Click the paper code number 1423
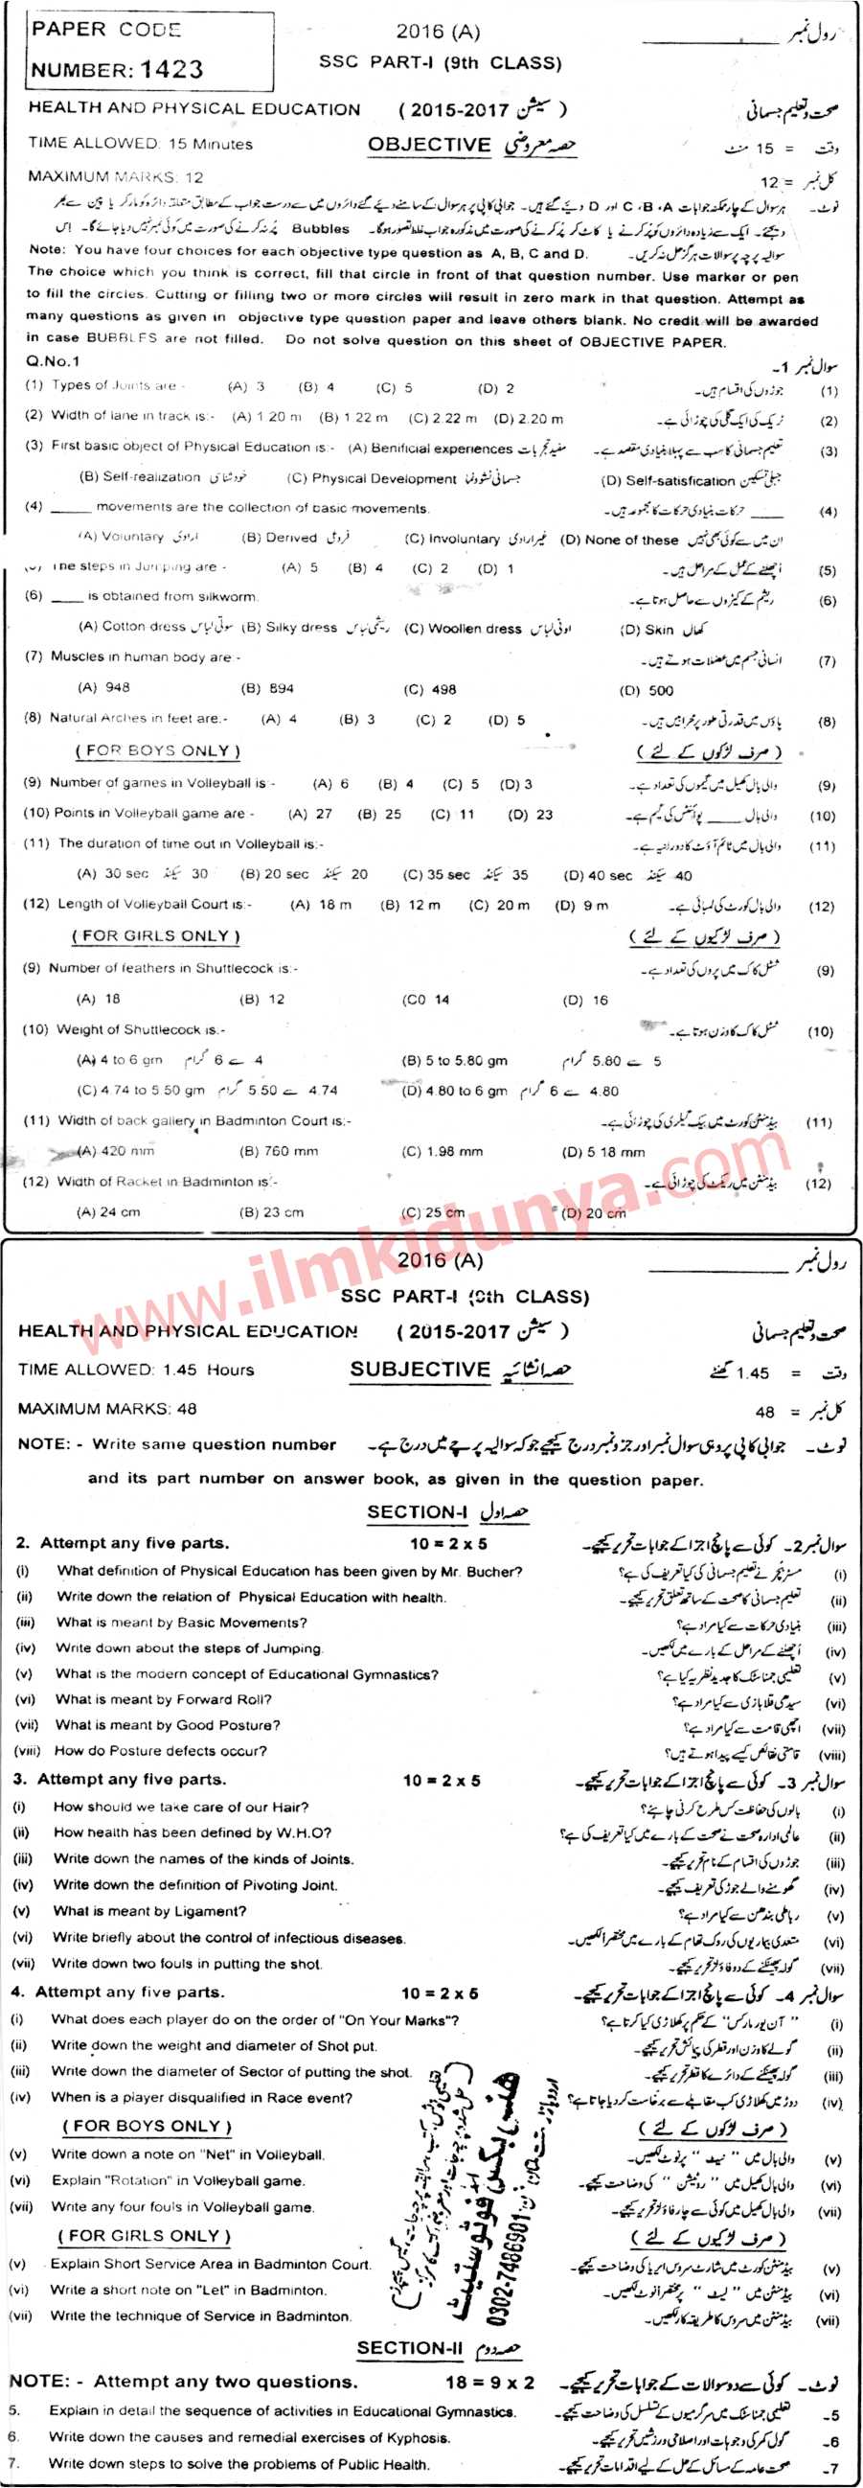[x=171, y=70]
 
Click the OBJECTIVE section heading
[x=429, y=145]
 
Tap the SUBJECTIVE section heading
[x=420, y=1369]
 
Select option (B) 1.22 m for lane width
[x=353, y=418]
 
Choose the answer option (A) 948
[x=104, y=687]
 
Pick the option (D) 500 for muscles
[x=647, y=690]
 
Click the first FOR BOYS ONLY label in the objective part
[x=157, y=750]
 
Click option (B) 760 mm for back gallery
[x=279, y=1151]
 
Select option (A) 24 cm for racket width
[x=108, y=1211]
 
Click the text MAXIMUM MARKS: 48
[x=107, y=1408]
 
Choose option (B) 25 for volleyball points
[x=379, y=815]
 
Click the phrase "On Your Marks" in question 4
[x=393, y=2019]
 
